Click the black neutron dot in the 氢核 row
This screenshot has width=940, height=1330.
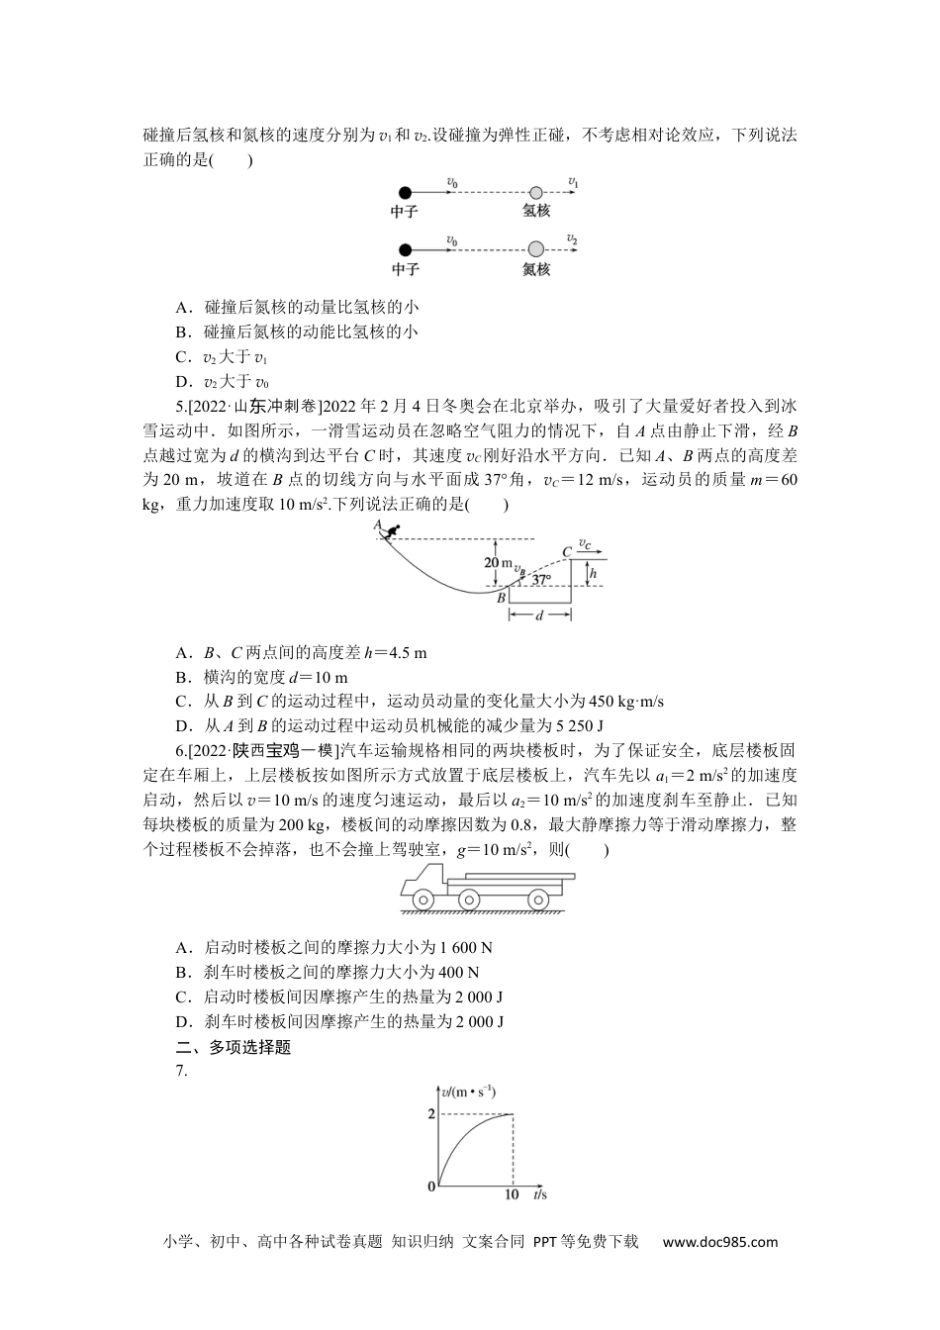coord(404,193)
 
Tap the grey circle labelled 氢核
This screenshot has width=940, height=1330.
coord(535,193)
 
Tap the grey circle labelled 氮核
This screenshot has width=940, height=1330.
coord(535,249)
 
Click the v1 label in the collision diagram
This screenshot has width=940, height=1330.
coord(574,182)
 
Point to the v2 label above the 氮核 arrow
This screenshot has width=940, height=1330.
coord(572,239)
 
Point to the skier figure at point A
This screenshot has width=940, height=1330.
coord(393,532)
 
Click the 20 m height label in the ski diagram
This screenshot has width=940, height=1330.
coord(500,563)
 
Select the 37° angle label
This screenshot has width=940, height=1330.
coord(540,580)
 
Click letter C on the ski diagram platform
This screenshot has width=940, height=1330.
coord(567,552)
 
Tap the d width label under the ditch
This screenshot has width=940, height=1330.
coord(539,616)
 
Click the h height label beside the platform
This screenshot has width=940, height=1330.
coord(593,572)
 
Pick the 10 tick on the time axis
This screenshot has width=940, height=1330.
coord(512,1194)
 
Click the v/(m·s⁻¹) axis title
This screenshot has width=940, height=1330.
coord(469,1092)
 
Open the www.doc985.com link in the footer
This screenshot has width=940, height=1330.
coord(719,1242)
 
